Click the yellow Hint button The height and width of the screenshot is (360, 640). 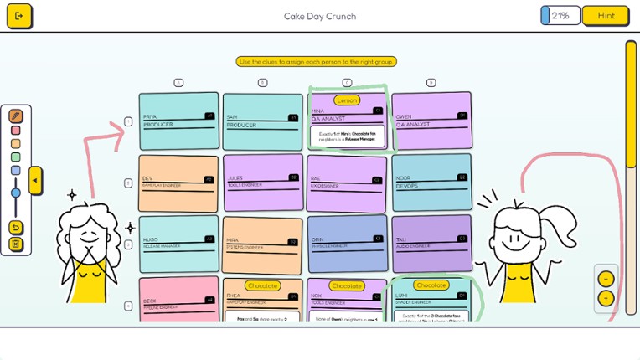(x=605, y=16)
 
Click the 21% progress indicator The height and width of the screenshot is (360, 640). (x=560, y=16)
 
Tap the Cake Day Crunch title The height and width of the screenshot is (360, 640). (x=319, y=16)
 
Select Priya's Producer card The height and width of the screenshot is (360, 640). (x=178, y=122)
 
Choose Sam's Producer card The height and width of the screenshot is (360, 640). (x=262, y=122)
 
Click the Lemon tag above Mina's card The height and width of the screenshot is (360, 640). (x=347, y=100)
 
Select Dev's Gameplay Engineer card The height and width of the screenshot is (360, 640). (x=178, y=183)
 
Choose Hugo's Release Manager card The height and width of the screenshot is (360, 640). (x=178, y=244)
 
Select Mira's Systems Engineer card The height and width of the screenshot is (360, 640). (x=262, y=245)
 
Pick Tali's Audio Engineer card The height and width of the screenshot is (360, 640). (x=431, y=244)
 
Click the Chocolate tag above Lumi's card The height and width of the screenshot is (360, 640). (x=431, y=285)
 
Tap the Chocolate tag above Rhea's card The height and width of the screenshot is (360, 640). (x=262, y=285)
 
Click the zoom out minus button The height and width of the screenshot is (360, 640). (x=606, y=279)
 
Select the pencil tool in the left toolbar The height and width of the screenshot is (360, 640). (x=16, y=116)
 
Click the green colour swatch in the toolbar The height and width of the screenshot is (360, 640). (x=16, y=157)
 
